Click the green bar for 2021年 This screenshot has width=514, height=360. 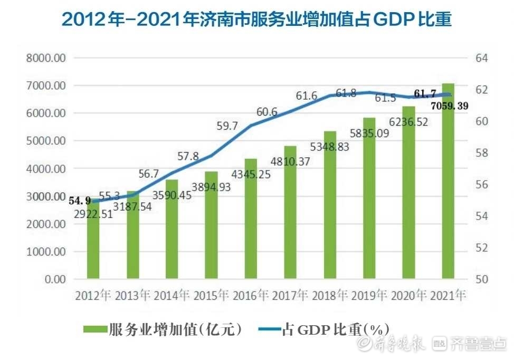448,201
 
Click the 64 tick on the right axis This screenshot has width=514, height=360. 482,58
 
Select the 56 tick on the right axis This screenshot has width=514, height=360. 482,185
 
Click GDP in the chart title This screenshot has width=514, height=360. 387,20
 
